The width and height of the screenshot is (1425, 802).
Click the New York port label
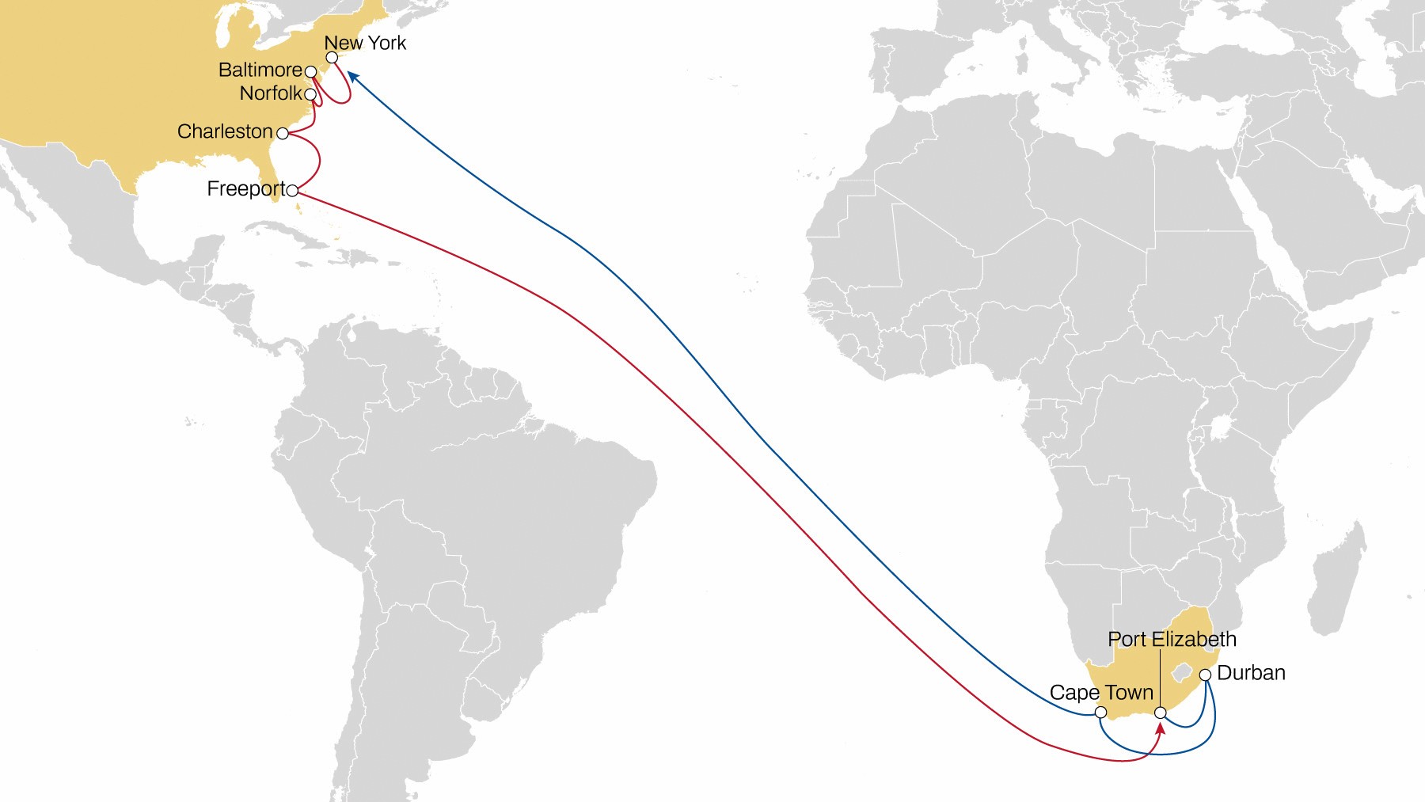(x=365, y=43)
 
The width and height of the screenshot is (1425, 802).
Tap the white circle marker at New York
(x=332, y=58)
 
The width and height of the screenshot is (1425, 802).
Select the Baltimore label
(x=260, y=70)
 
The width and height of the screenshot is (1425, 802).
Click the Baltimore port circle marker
(x=311, y=72)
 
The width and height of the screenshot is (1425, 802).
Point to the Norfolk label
(x=271, y=93)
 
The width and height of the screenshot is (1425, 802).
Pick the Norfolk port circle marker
(x=310, y=95)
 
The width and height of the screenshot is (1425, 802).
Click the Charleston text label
(x=225, y=131)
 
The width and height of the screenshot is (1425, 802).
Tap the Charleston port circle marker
(x=283, y=133)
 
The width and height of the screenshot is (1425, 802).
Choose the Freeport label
(x=245, y=189)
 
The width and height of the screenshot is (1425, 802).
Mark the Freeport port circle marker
(x=292, y=191)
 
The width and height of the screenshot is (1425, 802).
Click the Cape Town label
(x=1101, y=693)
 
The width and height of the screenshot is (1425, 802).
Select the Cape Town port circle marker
(x=1100, y=713)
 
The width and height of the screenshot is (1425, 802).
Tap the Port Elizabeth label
(x=1172, y=639)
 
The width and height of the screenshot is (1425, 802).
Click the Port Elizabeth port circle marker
(x=1161, y=713)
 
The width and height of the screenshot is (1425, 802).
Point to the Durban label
(x=1251, y=673)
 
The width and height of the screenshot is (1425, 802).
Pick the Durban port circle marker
(x=1205, y=675)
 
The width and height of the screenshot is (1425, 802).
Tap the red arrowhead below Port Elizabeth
(x=1161, y=727)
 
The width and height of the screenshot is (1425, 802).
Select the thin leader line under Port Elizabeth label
(x=1161, y=677)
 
